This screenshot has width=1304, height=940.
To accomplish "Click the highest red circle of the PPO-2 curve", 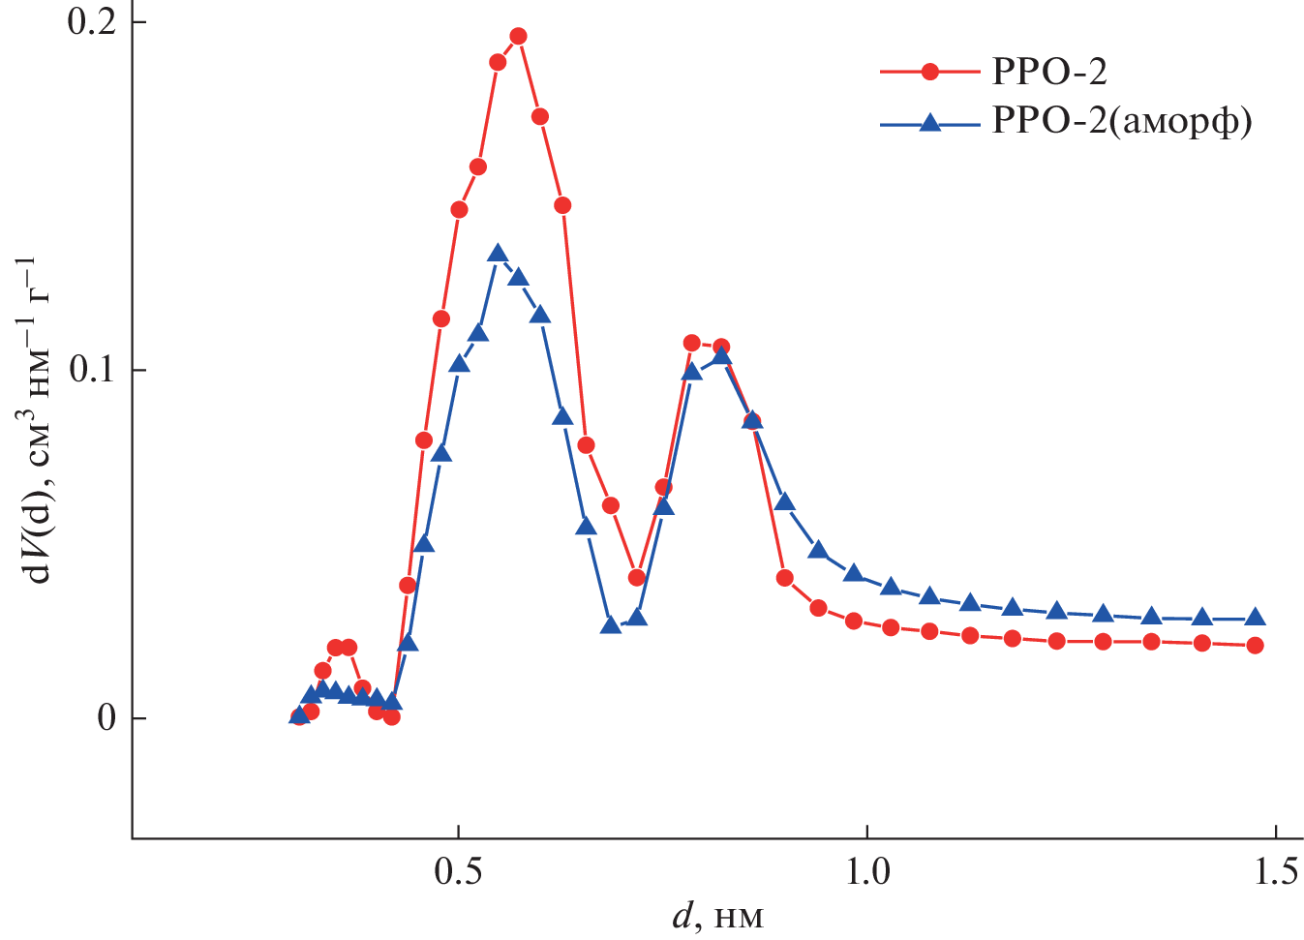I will (x=518, y=37).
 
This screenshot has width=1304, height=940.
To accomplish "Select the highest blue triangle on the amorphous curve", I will (x=498, y=255).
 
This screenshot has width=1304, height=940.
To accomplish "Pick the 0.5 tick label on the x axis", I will (x=459, y=873).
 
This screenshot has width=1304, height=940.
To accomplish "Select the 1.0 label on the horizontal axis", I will (x=867, y=873).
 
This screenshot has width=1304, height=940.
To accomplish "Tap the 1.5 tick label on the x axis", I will (x=1276, y=873).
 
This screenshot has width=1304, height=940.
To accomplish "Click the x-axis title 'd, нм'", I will (x=717, y=916).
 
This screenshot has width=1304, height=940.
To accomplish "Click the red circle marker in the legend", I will (x=930, y=72).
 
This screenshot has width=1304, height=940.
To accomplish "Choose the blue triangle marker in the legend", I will (x=930, y=122).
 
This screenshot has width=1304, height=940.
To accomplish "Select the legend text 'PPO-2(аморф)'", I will (x=1122, y=122).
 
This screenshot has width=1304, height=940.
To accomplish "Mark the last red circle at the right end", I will (x=1255, y=645).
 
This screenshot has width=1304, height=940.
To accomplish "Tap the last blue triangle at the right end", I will (x=1255, y=618).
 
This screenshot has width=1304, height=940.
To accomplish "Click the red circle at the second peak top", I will (x=691, y=343).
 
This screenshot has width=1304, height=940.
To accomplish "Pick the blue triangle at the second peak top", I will (x=721, y=356).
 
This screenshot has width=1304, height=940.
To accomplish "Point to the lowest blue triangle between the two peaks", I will (x=610, y=625).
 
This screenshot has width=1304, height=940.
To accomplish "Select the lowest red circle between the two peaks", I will (x=636, y=578).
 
